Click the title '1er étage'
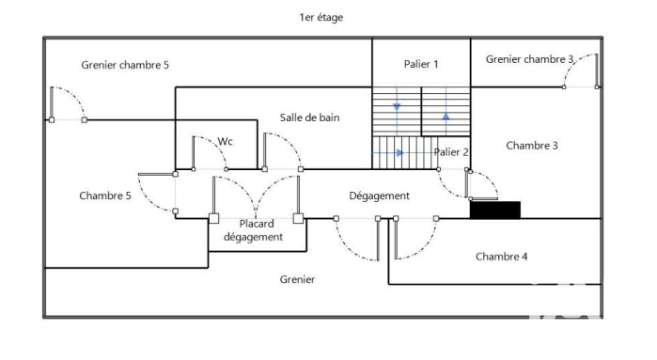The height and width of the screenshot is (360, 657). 321,17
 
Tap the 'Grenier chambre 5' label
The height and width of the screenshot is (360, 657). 125,65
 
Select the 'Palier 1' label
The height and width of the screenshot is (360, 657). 421,64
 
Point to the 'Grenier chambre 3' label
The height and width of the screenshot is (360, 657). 529,59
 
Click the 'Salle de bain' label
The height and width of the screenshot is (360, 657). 309,117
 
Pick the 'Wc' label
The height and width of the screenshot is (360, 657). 225,141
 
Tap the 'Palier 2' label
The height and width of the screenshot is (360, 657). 451,152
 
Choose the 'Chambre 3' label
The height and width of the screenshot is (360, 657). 532,146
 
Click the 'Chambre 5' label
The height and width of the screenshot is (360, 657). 104,196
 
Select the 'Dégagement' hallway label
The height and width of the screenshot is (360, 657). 379,196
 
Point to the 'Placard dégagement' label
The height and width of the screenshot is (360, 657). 254,230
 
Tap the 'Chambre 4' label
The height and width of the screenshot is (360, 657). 501,257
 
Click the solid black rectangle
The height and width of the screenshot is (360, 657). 494,210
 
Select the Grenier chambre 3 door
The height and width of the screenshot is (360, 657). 581,70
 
